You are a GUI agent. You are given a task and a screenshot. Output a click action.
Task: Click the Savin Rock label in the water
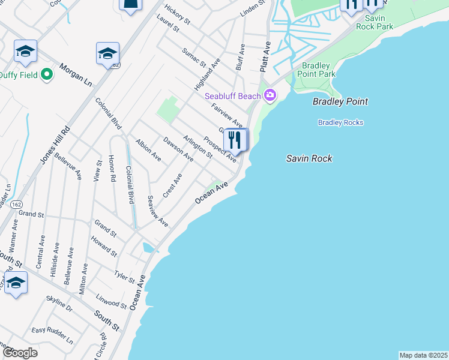pyautogui.click(x=309, y=158)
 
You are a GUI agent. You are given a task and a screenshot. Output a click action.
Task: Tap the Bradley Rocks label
pyautogui.click(x=340, y=123)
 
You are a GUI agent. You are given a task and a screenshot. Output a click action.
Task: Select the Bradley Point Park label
pyautogui.click(x=318, y=70)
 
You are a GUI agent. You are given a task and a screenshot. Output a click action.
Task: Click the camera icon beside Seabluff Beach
pyautogui.click(x=270, y=95)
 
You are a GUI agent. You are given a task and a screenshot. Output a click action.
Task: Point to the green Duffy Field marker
pyautogui.click(x=47, y=75)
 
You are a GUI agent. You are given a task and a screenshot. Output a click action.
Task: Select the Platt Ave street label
pyautogui.click(x=265, y=57)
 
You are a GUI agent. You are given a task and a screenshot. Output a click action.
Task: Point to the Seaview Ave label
pyautogui.click(x=158, y=211)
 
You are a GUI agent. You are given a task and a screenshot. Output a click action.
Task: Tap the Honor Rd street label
pyautogui.click(x=111, y=169)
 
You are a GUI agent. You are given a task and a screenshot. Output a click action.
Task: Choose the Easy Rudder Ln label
pyautogui.click(x=52, y=334)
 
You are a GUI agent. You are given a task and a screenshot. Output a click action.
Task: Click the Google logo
pyautogui.click(x=20, y=352)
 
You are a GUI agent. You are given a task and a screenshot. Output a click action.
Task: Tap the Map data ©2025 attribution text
pyautogui.click(x=423, y=355)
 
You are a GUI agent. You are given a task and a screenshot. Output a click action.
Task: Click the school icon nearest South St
pyautogui.click(x=16, y=283)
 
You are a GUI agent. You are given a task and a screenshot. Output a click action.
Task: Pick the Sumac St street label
pyautogui.click(x=194, y=56)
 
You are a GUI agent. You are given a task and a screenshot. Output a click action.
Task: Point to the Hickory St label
pyautogui.click(x=177, y=15)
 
